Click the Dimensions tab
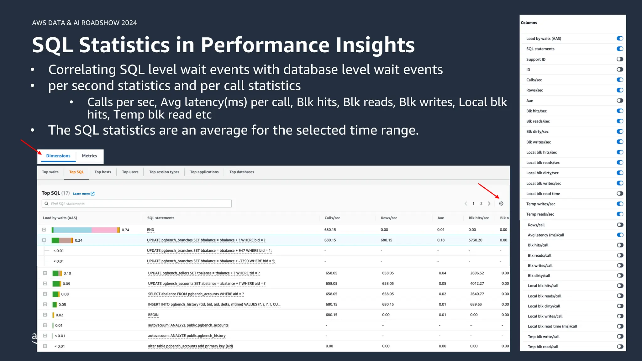pyautogui.click(x=58, y=156)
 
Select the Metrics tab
pyautogui.click(x=89, y=156)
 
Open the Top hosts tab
pyautogui.click(x=103, y=172)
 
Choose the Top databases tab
pyautogui.click(x=242, y=172)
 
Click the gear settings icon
pyautogui.click(x=501, y=204)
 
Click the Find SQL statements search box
pyautogui.click(x=137, y=204)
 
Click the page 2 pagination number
pyautogui.click(x=481, y=204)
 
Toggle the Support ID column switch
pyautogui.click(x=620, y=59)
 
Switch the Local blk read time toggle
pyautogui.click(x=620, y=194)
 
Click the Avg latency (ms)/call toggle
pyautogui.click(x=620, y=235)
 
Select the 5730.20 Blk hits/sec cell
pyautogui.click(x=476, y=240)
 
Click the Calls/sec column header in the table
pyautogui.click(x=332, y=218)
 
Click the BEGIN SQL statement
pyautogui.click(x=153, y=315)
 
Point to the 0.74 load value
pyautogui.click(x=125, y=230)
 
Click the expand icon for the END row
pyautogui.click(x=44, y=230)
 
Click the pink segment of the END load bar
pyautogui.click(x=104, y=230)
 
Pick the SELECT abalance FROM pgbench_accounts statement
pyautogui.click(x=196, y=294)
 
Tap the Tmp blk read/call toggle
pyautogui.click(x=620, y=347)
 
